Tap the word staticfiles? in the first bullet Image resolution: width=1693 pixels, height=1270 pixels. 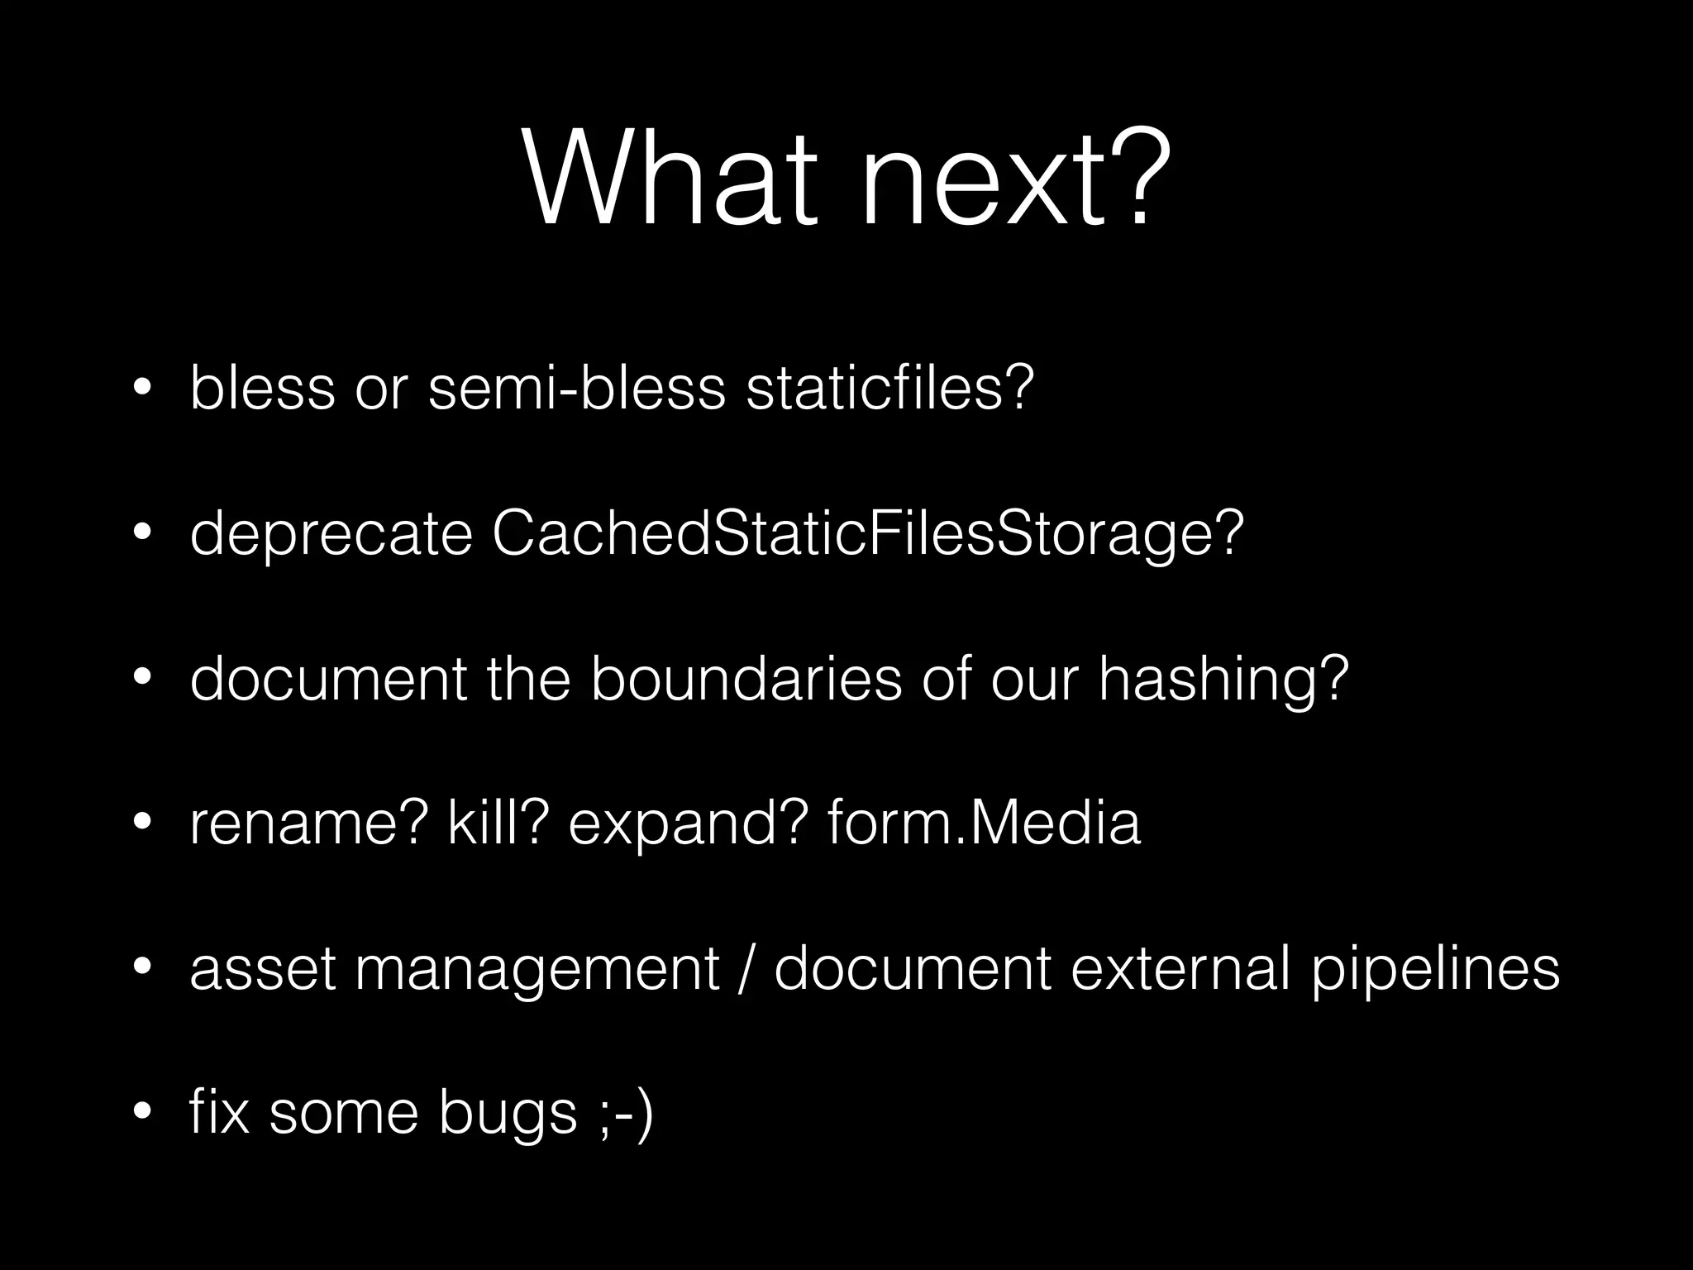[x=890, y=388]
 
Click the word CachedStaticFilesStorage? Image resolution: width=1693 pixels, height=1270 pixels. [x=868, y=535]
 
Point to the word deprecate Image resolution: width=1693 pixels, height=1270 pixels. [x=331, y=535]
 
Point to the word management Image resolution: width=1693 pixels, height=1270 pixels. [x=537, y=970]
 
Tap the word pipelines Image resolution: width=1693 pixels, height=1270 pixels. [x=1436, y=970]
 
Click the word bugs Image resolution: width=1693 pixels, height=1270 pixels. [x=508, y=1115]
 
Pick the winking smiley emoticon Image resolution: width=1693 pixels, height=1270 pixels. [x=623, y=1114]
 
